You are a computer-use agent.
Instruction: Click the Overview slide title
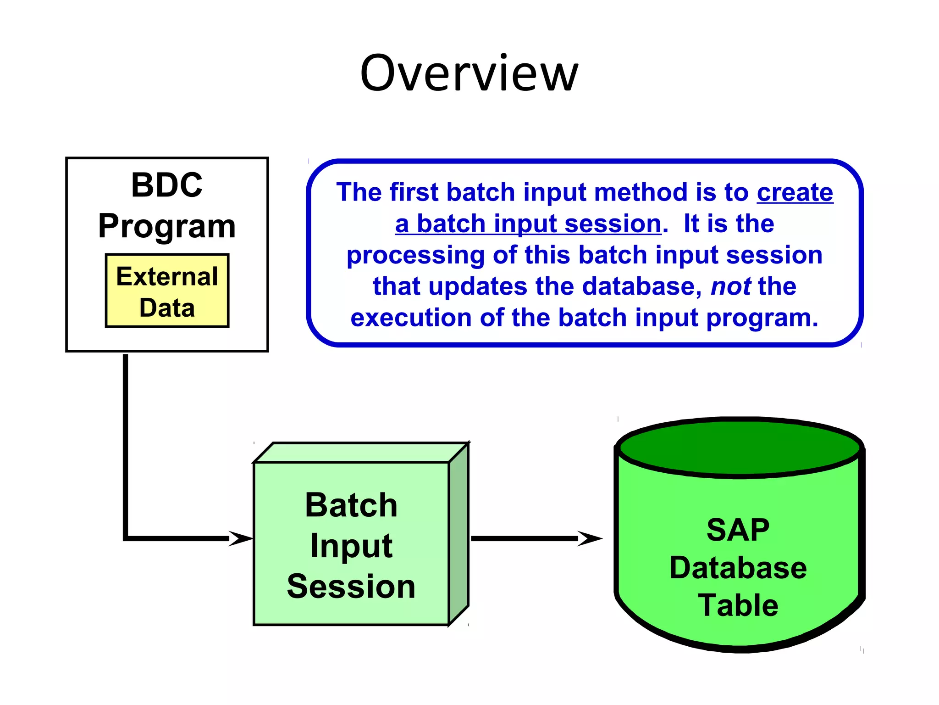[x=469, y=73]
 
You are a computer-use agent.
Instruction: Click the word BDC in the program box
[x=166, y=185]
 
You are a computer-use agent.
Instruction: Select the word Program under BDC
[x=166, y=226]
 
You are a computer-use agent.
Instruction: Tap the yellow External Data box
[x=167, y=291]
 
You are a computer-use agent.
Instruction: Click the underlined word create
[x=795, y=192]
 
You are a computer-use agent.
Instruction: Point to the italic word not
[x=730, y=286]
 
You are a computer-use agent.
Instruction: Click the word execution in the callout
[x=411, y=318]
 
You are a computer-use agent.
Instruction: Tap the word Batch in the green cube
[x=351, y=505]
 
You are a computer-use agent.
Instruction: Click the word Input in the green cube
[x=351, y=546]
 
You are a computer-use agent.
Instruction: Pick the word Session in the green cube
[x=351, y=587]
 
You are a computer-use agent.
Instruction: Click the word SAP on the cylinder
[x=738, y=530]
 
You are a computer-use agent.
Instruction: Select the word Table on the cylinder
[x=738, y=605]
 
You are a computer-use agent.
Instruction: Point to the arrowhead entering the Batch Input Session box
[x=241, y=538]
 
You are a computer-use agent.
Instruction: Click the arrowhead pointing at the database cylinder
[x=590, y=538]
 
